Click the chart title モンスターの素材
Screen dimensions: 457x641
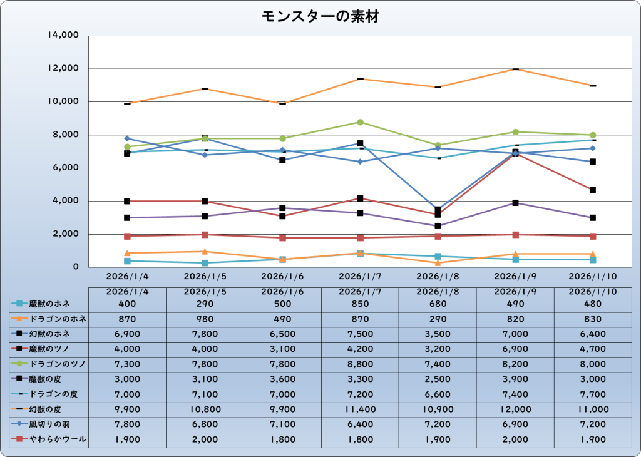coord(320,17)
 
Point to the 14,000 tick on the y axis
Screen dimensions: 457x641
coord(63,35)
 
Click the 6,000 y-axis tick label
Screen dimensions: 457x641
coord(66,168)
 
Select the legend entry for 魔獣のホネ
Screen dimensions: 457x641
coord(49,304)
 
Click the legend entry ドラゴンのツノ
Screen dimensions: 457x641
coord(49,364)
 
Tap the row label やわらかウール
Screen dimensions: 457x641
coord(49,440)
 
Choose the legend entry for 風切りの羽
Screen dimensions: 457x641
coord(49,425)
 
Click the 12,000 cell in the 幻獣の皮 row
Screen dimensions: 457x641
coord(515,409)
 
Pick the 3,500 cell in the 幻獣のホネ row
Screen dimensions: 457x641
coord(438,334)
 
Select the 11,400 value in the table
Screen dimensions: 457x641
coord(360,409)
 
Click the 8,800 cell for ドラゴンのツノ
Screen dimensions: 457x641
coord(360,364)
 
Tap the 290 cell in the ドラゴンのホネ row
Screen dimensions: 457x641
coord(438,319)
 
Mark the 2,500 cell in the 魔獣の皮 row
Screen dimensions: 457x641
coord(438,379)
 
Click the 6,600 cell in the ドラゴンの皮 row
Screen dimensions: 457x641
coord(438,394)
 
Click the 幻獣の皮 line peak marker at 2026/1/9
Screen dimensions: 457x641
coord(515,69)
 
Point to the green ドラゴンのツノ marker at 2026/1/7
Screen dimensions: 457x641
coord(361,122)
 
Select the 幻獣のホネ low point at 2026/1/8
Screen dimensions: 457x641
coord(438,210)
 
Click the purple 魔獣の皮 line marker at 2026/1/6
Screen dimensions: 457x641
coord(282,208)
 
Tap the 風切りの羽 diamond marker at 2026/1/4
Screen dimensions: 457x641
coord(127,138)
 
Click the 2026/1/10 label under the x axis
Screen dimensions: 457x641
coord(593,276)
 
